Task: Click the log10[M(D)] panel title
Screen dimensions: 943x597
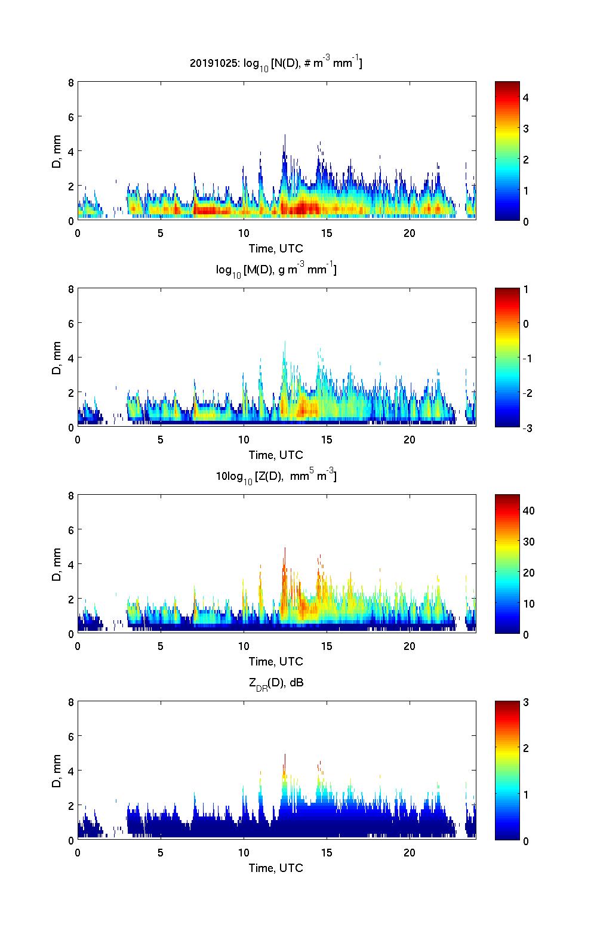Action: click(276, 270)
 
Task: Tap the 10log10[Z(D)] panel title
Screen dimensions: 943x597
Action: click(276, 476)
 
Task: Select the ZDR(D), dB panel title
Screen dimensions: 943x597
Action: click(276, 683)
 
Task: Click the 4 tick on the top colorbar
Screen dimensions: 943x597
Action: click(526, 97)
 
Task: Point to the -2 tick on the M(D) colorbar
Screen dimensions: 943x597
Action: click(526, 393)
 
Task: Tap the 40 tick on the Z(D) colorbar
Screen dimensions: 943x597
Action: click(528, 511)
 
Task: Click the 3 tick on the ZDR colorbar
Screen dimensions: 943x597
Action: click(526, 702)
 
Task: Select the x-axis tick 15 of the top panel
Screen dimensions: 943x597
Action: click(327, 233)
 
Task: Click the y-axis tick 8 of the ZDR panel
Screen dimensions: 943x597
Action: click(70, 702)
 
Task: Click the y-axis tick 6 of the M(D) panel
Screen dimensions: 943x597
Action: click(70, 323)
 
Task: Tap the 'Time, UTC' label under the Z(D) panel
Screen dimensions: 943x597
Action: click(276, 661)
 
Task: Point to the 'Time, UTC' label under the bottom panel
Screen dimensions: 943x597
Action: click(276, 868)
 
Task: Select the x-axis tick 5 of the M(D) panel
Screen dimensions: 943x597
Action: click(161, 439)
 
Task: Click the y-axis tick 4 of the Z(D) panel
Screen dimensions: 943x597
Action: click(70, 564)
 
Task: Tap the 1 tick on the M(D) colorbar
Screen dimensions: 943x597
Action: click(526, 289)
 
